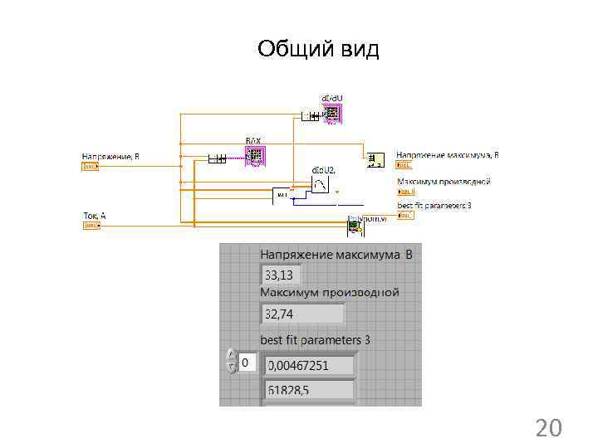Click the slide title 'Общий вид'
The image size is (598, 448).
(x=318, y=49)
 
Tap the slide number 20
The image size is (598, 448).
(x=548, y=428)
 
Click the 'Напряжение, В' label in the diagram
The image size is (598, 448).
(x=110, y=156)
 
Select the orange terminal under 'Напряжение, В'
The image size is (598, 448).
(x=90, y=166)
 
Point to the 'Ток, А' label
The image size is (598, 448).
(x=95, y=216)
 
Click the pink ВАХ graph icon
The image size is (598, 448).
(x=254, y=155)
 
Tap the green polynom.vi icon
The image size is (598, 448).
(x=355, y=224)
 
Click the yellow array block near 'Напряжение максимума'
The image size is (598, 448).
(x=375, y=158)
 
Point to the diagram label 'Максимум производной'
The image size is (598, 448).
(x=444, y=182)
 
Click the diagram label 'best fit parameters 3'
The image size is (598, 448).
(x=434, y=205)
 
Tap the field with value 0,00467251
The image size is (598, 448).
(x=308, y=365)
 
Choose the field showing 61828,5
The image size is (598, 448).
(x=308, y=390)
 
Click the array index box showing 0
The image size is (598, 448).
(x=247, y=363)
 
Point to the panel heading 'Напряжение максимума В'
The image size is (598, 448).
(x=336, y=255)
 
